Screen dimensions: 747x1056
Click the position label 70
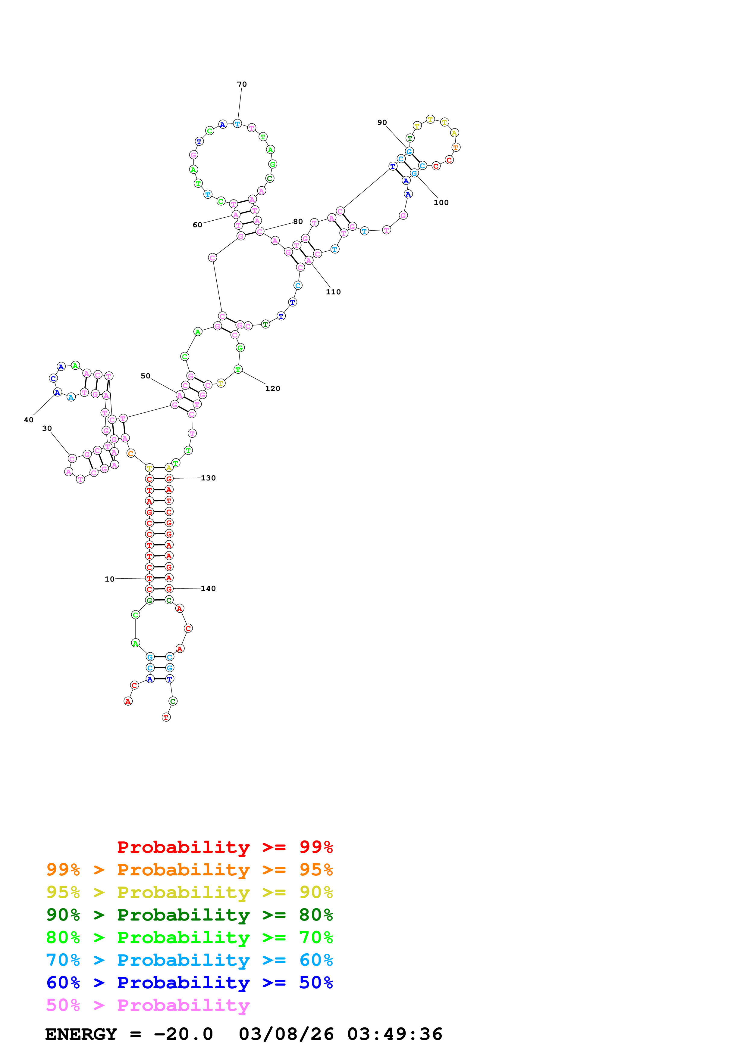[x=242, y=84]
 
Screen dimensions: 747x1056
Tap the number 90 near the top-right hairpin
[x=382, y=122]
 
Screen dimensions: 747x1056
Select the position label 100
[x=441, y=202]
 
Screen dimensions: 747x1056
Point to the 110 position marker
[x=333, y=292]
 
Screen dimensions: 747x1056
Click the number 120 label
[x=272, y=389]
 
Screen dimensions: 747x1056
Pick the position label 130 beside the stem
[x=208, y=478]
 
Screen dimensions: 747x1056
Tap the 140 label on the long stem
[x=208, y=588]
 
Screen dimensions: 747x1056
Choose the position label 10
[x=110, y=579]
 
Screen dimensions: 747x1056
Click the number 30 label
[x=47, y=428]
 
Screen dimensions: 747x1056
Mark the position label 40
[x=29, y=420]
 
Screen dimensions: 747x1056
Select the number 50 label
[x=146, y=376]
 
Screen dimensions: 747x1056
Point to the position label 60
[x=197, y=225]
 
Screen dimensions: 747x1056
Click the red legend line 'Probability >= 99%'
[x=224, y=847]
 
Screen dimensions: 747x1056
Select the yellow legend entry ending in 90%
[x=189, y=892]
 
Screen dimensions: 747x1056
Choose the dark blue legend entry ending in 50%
[x=189, y=983]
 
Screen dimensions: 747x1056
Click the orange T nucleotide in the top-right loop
[x=456, y=148]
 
